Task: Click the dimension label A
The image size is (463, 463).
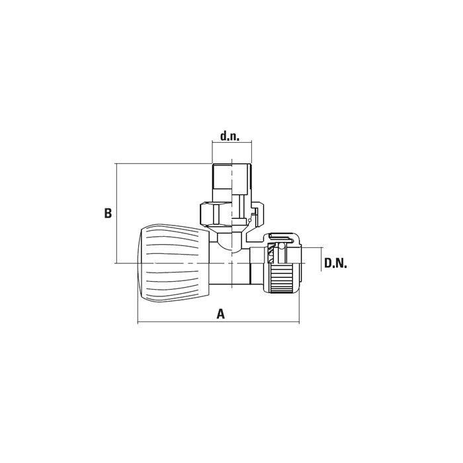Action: click(221, 314)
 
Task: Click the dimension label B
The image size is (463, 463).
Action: click(108, 213)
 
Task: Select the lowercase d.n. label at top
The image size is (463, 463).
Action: click(230, 136)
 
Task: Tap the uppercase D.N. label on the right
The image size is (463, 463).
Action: click(336, 263)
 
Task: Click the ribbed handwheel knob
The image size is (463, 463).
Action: click(174, 263)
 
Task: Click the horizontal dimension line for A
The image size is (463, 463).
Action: click(218, 322)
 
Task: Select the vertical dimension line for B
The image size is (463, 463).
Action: click(117, 213)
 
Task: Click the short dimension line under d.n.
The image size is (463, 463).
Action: click(232, 143)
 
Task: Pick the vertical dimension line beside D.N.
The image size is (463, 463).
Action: click(321, 259)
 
